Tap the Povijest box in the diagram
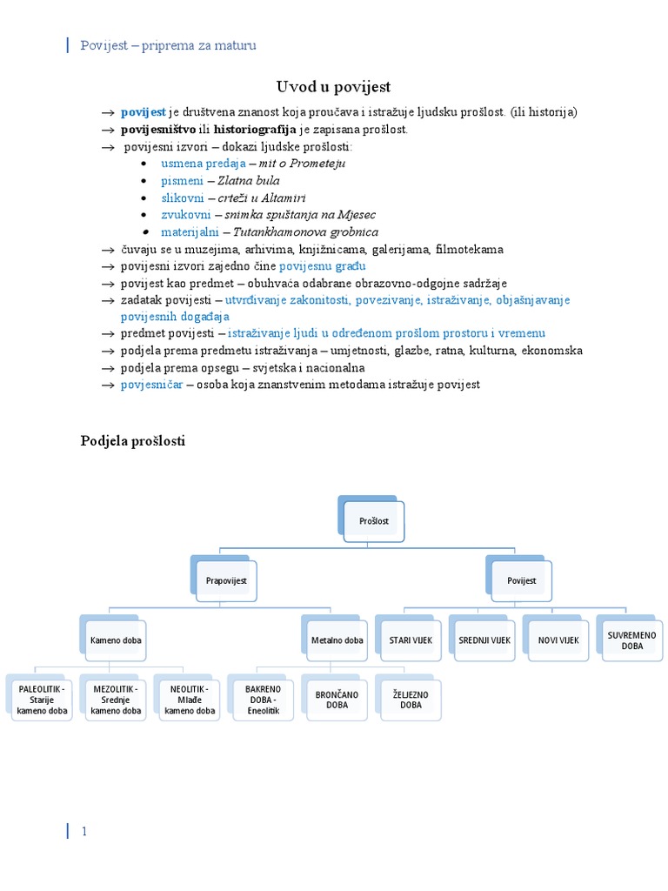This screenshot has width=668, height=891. point(520,579)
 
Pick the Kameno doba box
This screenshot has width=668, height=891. point(116,640)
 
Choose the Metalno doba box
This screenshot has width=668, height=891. point(337,640)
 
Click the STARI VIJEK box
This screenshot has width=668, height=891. point(411,640)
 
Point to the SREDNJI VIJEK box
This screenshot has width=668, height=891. point(484,640)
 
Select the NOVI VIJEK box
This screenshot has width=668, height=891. point(558,640)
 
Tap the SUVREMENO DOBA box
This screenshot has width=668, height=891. point(632,640)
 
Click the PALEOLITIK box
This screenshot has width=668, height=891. point(42,700)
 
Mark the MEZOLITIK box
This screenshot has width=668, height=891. point(116,700)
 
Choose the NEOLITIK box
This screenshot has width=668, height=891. point(190,700)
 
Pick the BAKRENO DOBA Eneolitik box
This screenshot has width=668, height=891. point(264,700)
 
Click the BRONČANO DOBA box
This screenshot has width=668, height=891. point(337,700)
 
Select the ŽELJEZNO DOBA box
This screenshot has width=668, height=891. point(411,700)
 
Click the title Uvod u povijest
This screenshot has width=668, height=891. point(334,86)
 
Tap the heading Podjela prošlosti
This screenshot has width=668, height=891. point(133,441)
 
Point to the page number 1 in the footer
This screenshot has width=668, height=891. point(84,832)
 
